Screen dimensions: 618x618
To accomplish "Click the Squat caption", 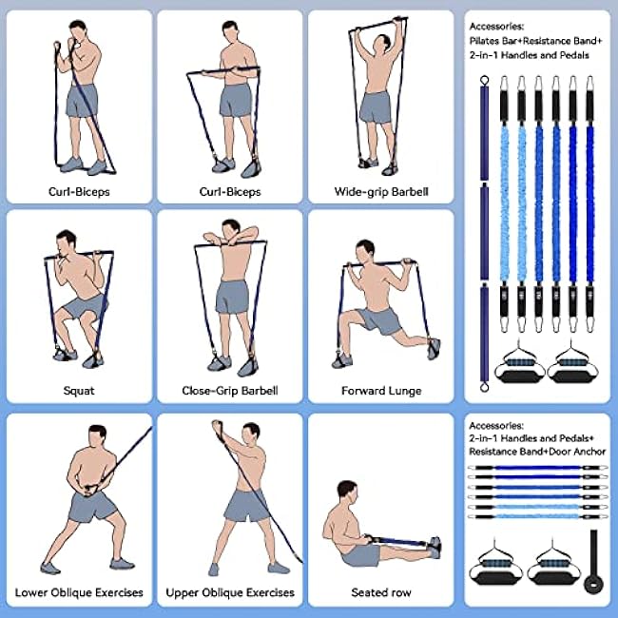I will tap(79, 390).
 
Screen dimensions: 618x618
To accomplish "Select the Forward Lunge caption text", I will tap(381, 390).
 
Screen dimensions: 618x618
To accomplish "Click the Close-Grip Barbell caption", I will tap(229, 390).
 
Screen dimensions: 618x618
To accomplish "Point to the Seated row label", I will tap(381, 592).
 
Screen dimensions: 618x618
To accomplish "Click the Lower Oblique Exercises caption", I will tap(79, 592).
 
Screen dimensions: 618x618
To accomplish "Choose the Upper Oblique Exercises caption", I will tap(230, 592).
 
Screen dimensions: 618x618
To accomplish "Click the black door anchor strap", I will tap(594, 563).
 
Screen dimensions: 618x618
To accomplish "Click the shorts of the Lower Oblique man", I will tap(92, 507).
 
